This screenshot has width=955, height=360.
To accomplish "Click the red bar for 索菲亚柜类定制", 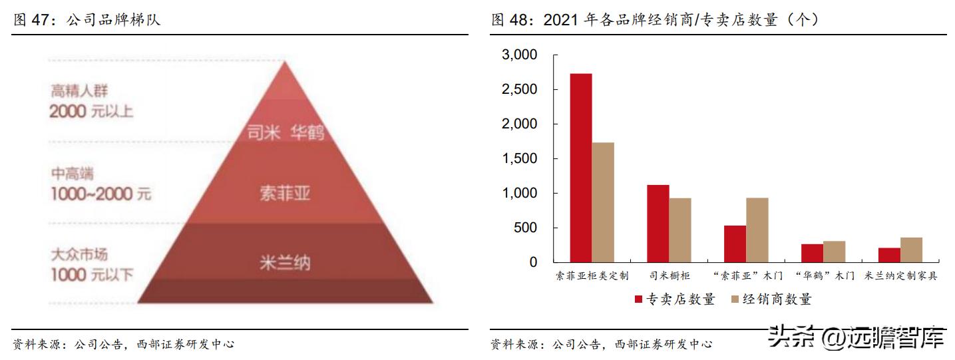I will pos(581,168).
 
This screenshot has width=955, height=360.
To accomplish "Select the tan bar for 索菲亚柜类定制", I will pos(603,202).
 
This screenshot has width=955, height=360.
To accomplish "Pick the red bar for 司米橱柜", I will pos(658,224).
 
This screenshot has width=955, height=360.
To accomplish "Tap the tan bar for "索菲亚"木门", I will pos(757,230).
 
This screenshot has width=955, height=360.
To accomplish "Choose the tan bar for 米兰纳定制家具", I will pos(911,250).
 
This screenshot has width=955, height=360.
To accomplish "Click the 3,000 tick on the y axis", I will pos(518,55).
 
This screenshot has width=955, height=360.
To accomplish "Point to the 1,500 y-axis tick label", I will pos(518,159).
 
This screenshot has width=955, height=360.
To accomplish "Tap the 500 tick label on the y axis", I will pos(524,228).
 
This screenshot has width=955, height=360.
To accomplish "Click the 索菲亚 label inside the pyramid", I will pos(285,194).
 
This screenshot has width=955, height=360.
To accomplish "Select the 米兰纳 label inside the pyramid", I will pos(285,263).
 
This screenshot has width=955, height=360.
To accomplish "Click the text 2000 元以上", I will pos(91,111).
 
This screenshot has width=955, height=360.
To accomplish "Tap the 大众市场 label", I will pos(79,255).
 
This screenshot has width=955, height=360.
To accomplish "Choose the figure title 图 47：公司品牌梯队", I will pos(87,21).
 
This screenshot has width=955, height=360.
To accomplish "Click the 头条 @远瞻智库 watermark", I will pos(857,337).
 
